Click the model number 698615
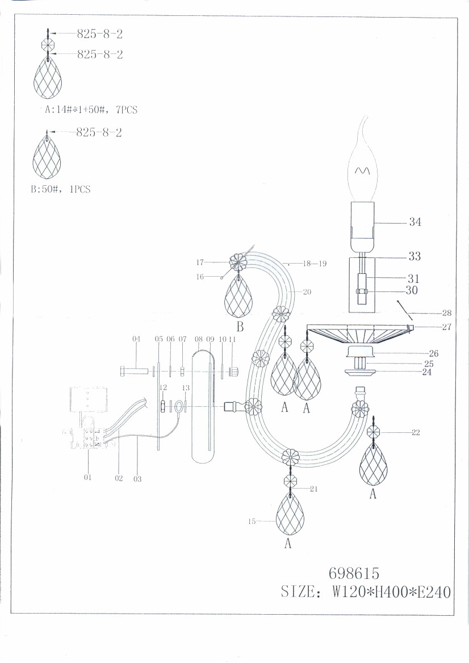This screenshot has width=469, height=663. pos(354,573)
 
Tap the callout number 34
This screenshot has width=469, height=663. pos(415,222)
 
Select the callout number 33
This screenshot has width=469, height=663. pos(414,256)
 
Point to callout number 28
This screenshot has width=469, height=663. pos(447,313)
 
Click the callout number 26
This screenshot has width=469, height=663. pos(433,353)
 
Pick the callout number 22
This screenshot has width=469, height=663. pos(416,432)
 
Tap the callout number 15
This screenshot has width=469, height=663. pos(252,522)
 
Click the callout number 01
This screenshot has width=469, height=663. pos(87,477)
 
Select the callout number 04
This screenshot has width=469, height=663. pos(136,339)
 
